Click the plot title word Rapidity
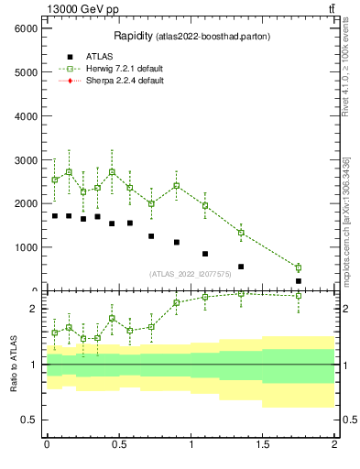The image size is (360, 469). [134, 37]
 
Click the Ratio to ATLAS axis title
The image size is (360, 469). [13, 363]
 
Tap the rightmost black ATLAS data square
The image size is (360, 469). [299, 280]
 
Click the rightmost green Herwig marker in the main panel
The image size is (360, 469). [299, 267]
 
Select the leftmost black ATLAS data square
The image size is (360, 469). [55, 216]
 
